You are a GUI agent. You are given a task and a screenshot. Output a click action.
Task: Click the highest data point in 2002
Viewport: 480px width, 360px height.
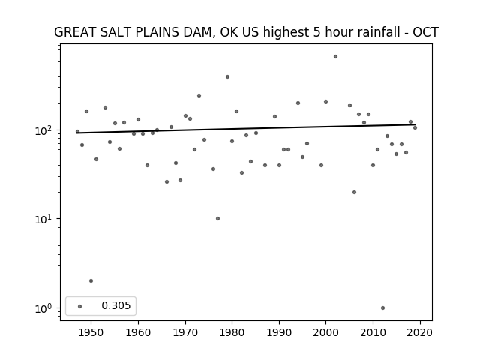[x=335, y=57]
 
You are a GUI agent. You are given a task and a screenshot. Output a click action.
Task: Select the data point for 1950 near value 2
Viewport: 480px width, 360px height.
[x=91, y=280]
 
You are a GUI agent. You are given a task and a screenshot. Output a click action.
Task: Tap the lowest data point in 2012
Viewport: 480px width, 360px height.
[x=382, y=307]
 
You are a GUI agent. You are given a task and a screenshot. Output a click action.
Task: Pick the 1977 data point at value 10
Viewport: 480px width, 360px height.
[x=217, y=218]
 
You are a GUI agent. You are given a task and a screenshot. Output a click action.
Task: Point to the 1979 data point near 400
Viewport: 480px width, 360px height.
[x=227, y=76]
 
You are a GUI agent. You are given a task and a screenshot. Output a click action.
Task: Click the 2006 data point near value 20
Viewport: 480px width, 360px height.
[x=354, y=192]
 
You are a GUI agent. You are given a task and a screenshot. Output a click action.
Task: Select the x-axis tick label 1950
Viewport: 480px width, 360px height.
[x=91, y=332]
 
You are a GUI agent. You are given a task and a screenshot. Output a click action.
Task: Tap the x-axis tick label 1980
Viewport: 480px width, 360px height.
[x=232, y=332]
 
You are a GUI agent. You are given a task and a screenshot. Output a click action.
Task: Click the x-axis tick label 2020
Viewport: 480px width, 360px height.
[x=420, y=332]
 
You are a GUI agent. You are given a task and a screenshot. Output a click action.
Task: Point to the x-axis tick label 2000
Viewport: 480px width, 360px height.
[x=325, y=332]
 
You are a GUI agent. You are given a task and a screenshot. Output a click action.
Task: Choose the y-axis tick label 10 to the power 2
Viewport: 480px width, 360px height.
[x=45, y=130]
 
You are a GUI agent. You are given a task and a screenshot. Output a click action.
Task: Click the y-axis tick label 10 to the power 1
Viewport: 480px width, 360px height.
[x=45, y=219]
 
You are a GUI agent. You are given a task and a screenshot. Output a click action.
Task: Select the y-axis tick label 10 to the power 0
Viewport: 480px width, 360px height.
[x=45, y=308]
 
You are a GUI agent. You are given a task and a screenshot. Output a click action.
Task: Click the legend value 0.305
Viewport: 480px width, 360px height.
[x=116, y=305]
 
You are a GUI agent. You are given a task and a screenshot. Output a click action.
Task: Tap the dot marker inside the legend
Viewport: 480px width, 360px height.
[x=79, y=306]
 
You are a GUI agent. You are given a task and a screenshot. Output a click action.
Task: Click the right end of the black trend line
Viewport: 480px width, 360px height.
[x=415, y=124]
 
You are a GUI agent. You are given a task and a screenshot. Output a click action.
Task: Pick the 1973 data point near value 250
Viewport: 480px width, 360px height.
[x=199, y=95]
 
